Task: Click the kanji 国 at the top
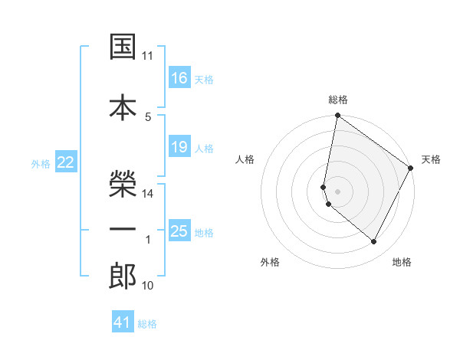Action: click(x=123, y=48)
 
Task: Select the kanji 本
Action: click(x=123, y=108)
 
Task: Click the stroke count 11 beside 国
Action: click(x=148, y=56)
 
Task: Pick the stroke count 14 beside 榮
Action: click(x=148, y=194)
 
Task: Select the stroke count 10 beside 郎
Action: click(x=148, y=286)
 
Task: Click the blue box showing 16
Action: click(x=179, y=77)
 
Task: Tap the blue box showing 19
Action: click(x=179, y=146)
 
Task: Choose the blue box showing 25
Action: click(x=179, y=231)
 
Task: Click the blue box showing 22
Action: click(x=66, y=162)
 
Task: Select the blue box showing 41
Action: click(x=123, y=322)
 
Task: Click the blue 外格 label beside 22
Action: click(x=41, y=163)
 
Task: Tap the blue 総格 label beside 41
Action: click(x=147, y=324)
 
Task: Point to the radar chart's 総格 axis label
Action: click(x=338, y=100)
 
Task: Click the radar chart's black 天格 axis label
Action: click(x=431, y=159)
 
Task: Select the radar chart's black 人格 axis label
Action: click(x=245, y=159)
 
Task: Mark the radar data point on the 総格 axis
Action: click(x=337, y=116)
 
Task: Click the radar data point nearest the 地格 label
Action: click(x=374, y=242)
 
